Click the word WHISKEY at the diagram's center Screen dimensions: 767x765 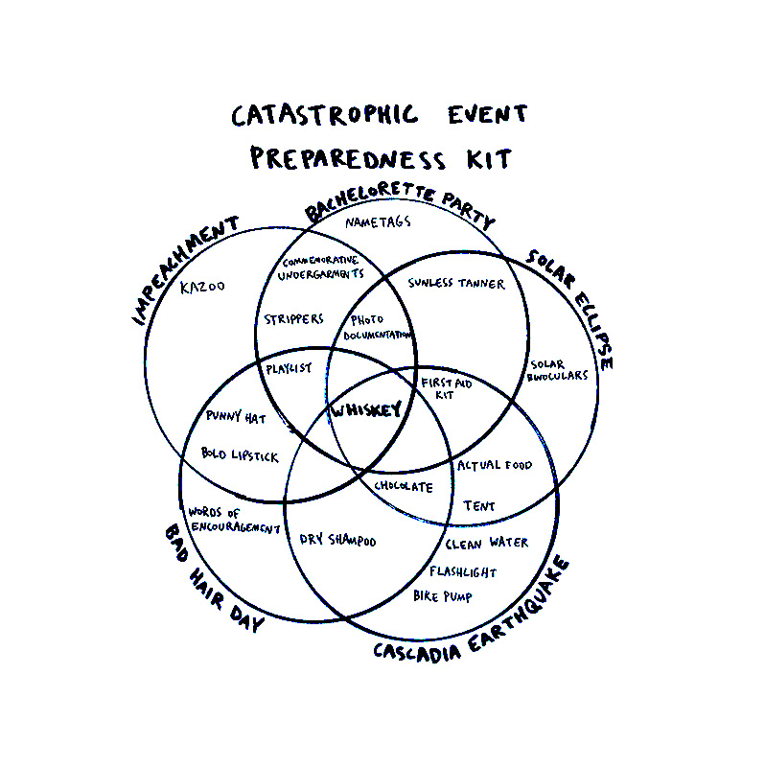(x=365, y=410)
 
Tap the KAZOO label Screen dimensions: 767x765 (x=202, y=286)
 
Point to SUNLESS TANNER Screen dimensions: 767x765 (x=455, y=284)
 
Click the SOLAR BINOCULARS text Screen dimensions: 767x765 (x=557, y=370)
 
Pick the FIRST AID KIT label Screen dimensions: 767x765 (x=446, y=388)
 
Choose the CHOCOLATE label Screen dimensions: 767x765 (x=404, y=487)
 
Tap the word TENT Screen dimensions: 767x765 (x=478, y=506)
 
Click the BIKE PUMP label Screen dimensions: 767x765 (x=442, y=595)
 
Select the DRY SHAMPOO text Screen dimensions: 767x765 (x=337, y=542)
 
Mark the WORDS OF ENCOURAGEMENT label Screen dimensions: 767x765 (x=233, y=521)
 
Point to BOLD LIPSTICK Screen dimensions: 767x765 (x=240, y=454)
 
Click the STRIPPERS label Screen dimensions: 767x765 (x=294, y=319)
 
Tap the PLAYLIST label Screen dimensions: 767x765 (x=289, y=368)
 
